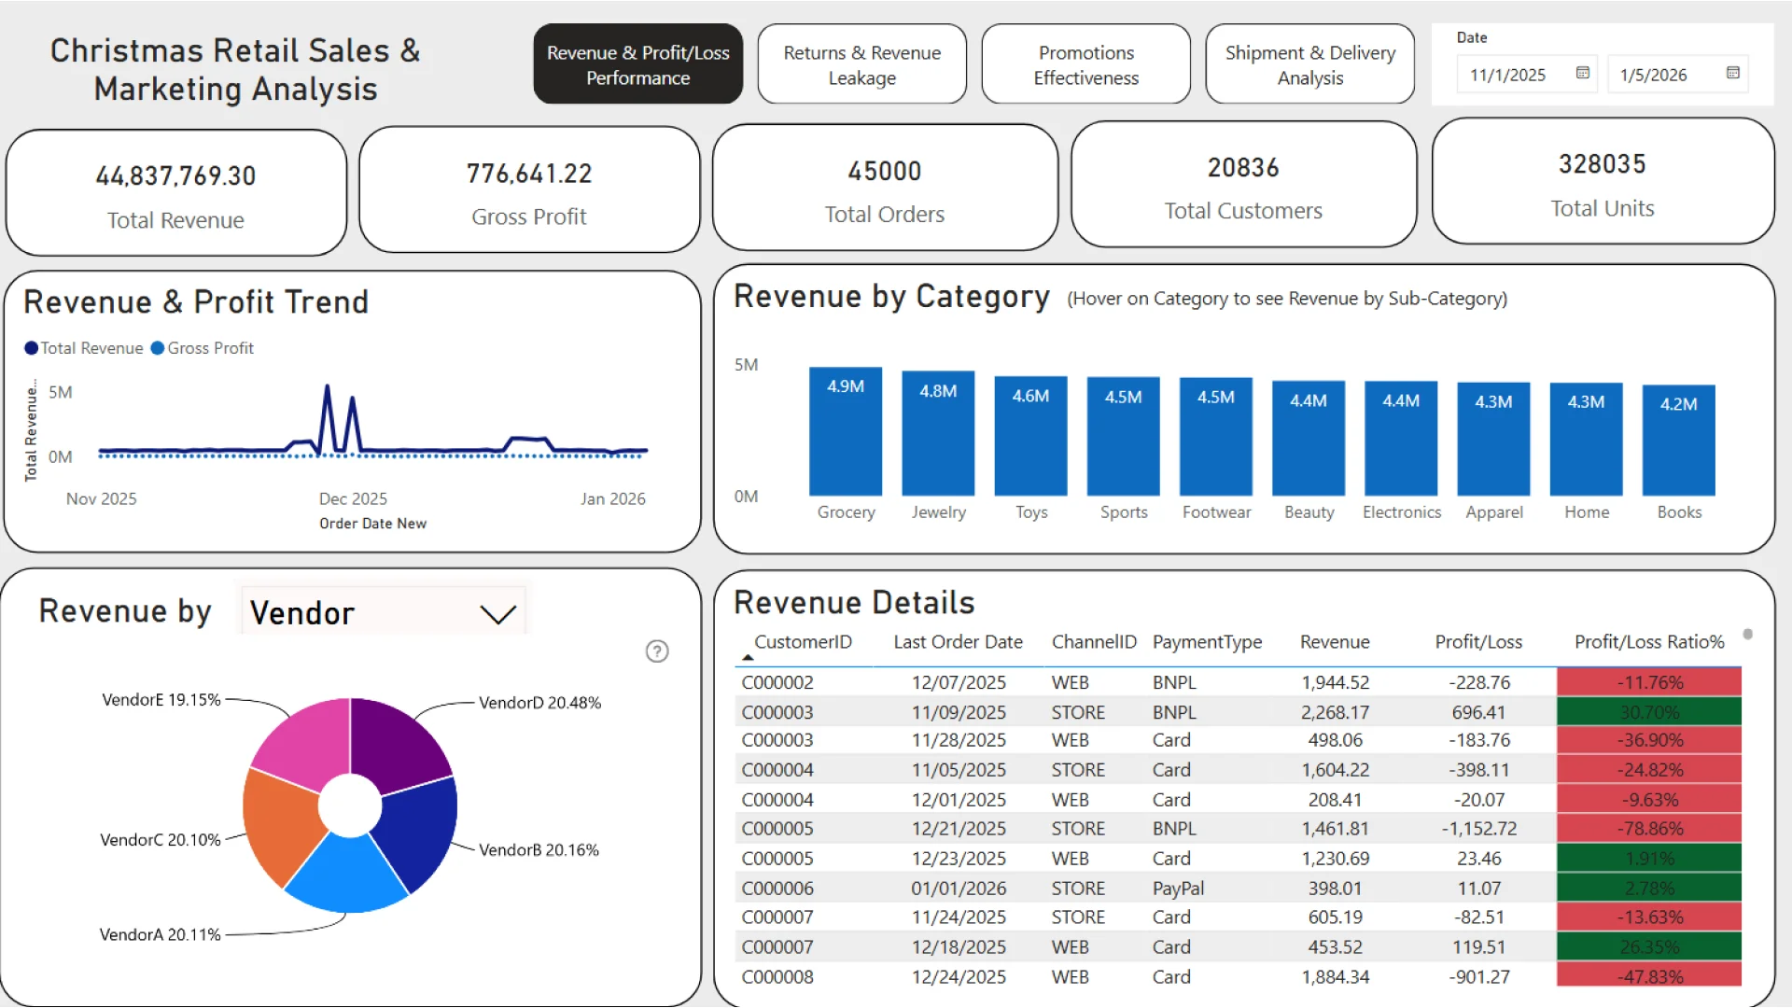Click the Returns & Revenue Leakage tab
tap(861, 64)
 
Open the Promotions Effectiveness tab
tap(1085, 64)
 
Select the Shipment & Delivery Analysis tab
tap(1309, 64)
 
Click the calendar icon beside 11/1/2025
tap(1582, 73)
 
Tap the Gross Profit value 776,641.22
tap(529, 174)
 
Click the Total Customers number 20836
tap(1242, 168)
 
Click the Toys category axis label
tap(1030, 512)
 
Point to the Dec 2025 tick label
tap(353, 498)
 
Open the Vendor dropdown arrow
tap(497, 614)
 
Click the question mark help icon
tap(657, 651)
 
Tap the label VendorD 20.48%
tap(539, 703)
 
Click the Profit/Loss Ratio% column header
tap(1648, 642)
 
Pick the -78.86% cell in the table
tap(1648, 829)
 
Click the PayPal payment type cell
tap(1178, 889)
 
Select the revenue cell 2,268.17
tap(1335, 712)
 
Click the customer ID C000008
tap(777, 977)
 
